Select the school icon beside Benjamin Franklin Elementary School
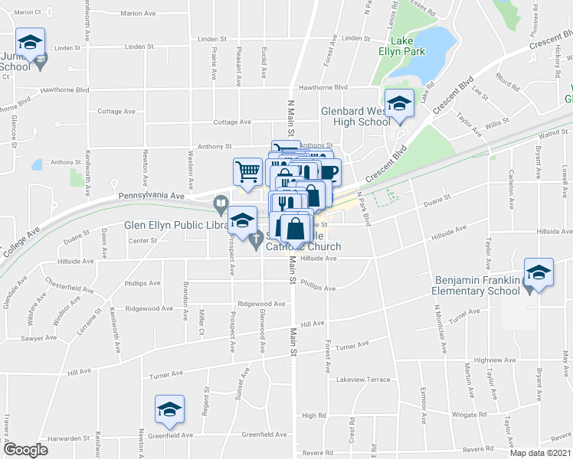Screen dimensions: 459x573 coord(538,274)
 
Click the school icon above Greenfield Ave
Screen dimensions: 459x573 coord(169,409)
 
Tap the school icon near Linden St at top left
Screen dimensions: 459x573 coord(30,43)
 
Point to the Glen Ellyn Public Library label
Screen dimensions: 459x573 coord(176,226)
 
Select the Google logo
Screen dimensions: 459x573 coord(25,450)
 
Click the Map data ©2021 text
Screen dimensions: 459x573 coord(541,453)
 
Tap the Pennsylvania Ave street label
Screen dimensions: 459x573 coord(151,196)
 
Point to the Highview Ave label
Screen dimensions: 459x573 coord(492,360)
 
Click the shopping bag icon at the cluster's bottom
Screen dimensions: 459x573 coord(296,227)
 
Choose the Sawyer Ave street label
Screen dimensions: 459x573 coord(39,337)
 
